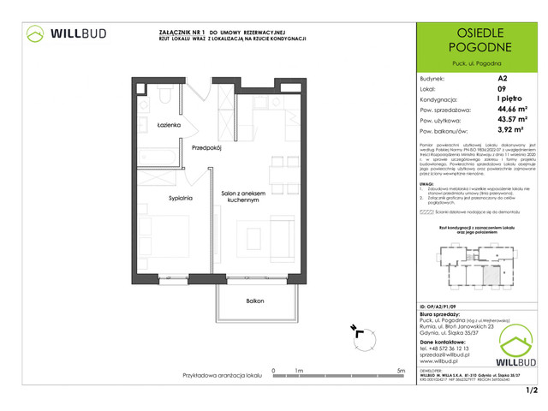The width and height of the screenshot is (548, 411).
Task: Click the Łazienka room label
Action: [x=168, y=126]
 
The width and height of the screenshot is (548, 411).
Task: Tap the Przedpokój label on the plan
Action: [x=206, y=146]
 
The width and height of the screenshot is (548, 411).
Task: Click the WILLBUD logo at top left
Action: [x=65, y=33]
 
